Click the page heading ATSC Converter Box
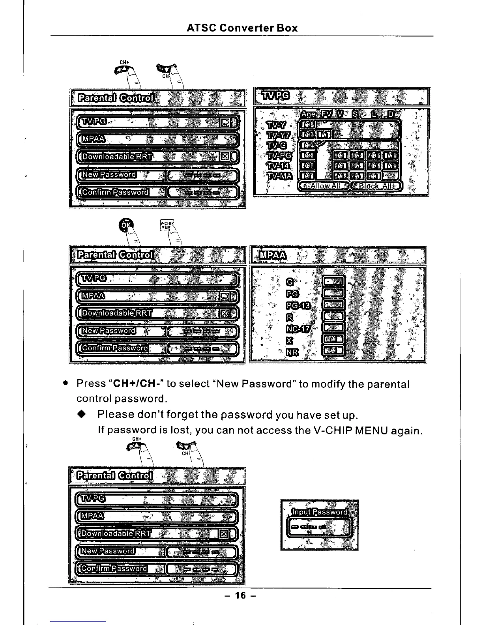(x=242, y=28)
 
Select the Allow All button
(x=323, y=186)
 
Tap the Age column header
(x=308, y=114)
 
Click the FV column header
(x=327, y=114)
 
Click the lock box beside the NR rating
(x=333, y=350)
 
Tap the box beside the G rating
(x=333, y=282)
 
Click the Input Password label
(x=319, y=512)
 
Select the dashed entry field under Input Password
(x=319, y=527)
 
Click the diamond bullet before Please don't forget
(x=81, y=414)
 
